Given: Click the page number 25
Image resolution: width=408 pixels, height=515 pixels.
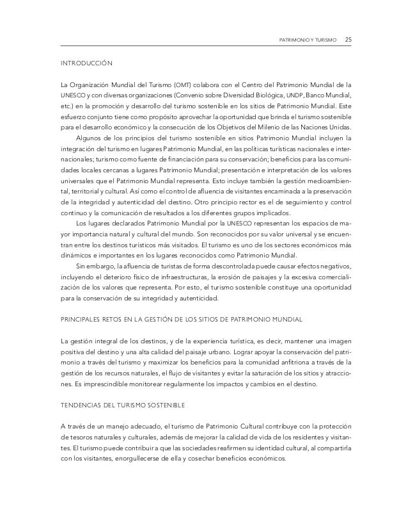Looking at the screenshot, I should [x=348, y=40].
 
